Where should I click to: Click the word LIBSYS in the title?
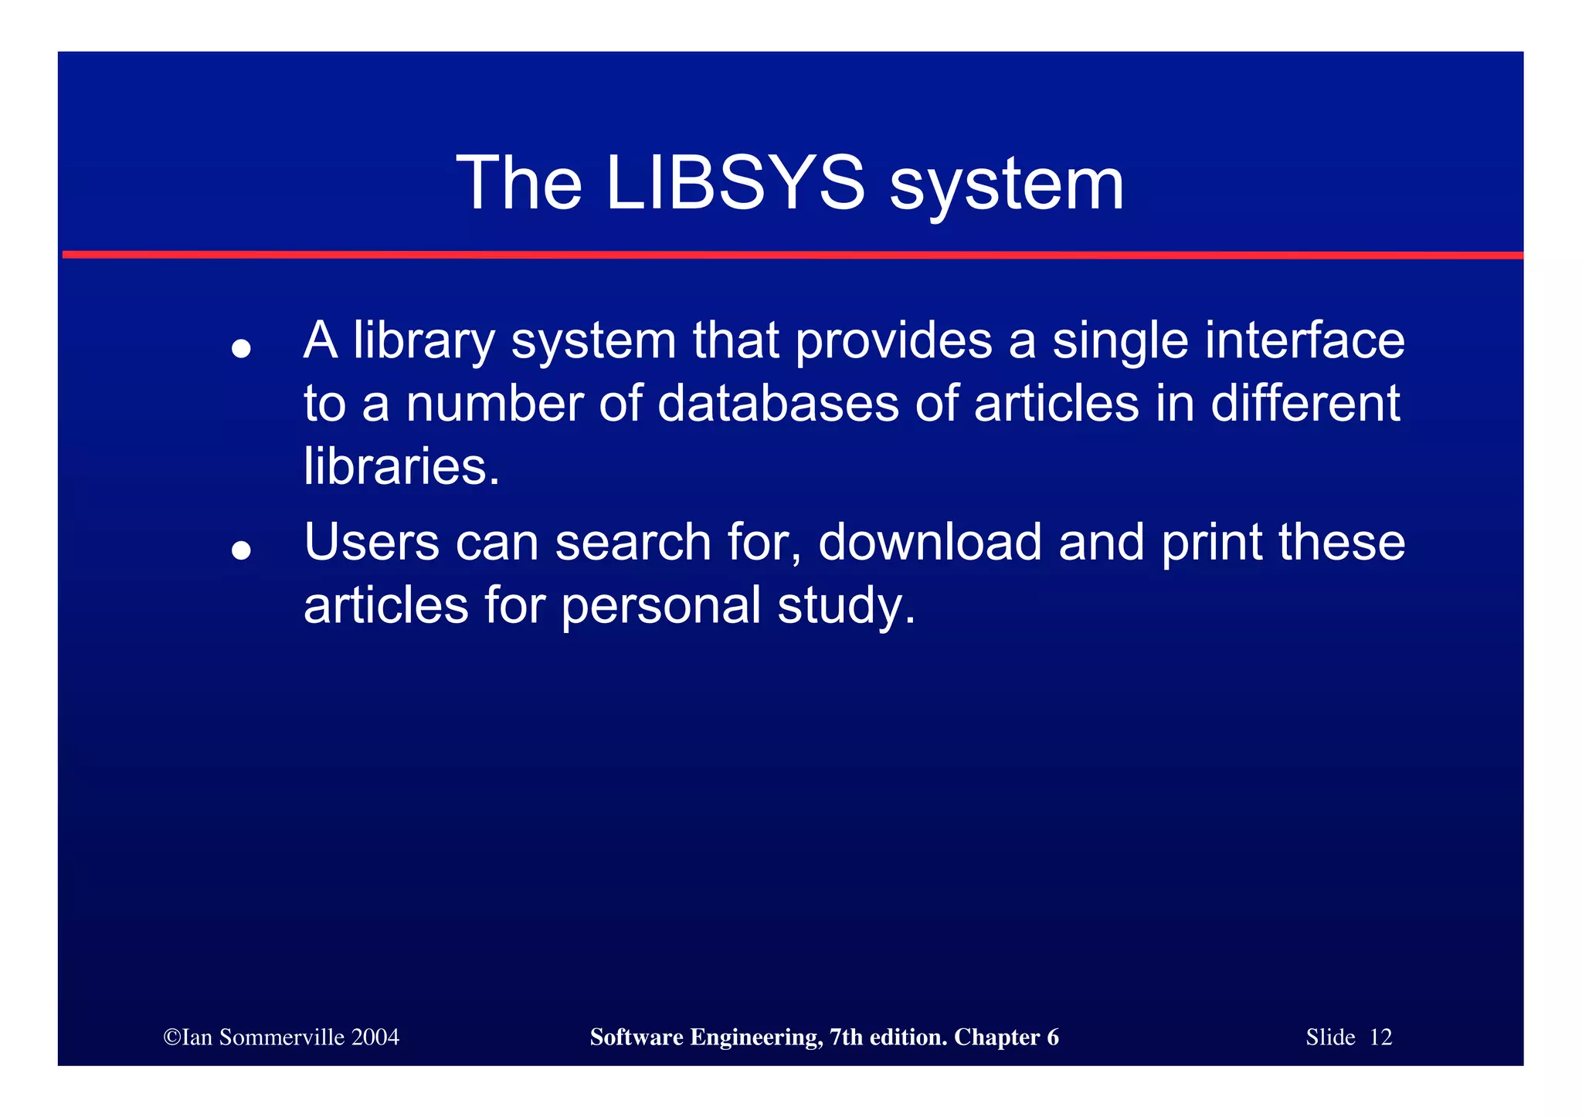click(x=735, y=183)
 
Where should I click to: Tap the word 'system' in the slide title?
click(x=1007, y=185)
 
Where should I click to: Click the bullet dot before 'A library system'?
click(x=242, y=349)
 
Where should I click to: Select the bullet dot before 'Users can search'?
click(x=242, y=550)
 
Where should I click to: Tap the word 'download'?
click(x=930, y=542)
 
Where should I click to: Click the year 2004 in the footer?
click(x=375, y=1037)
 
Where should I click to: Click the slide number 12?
click(x=1380, y=1037)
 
